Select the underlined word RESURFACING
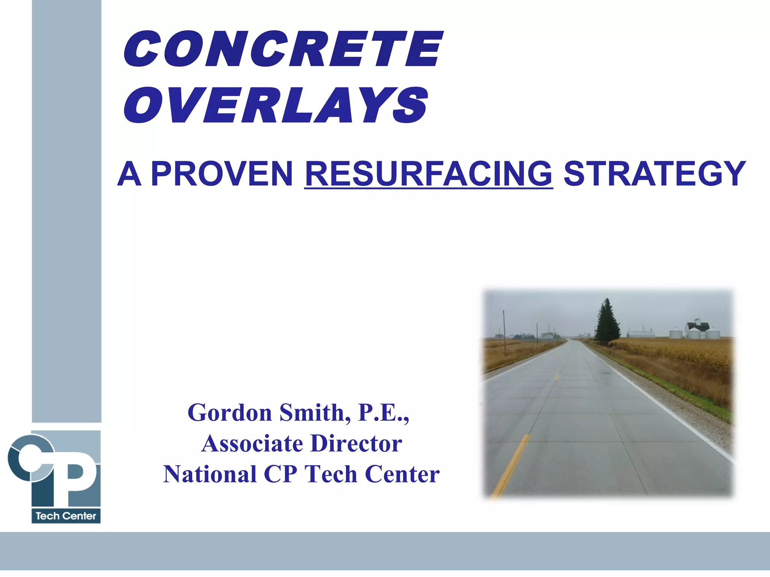pyautogui.click(x=428, y=174)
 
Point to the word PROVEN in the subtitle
pyautogui.click(x=222, y=174)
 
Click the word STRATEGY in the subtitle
pyautogui.click(x=655, y=174)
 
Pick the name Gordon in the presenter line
pyautogui.click(x=230, y=413)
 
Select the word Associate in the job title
pyautogui.click(x=252, y=444)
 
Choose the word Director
pyautogui.click(x=356, y=444)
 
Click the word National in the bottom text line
pyautogui.click(x=210, y=474)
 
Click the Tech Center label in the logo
pyautogui.click(x=66, y=516)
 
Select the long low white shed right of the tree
pyautogui.click(x=641, y=334)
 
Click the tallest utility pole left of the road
pyautogui.click(x=504, y=331)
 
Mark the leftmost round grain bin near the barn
pyautogui.click(x=676, y=332)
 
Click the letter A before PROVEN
pyautogui.click(x=129, y=174)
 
